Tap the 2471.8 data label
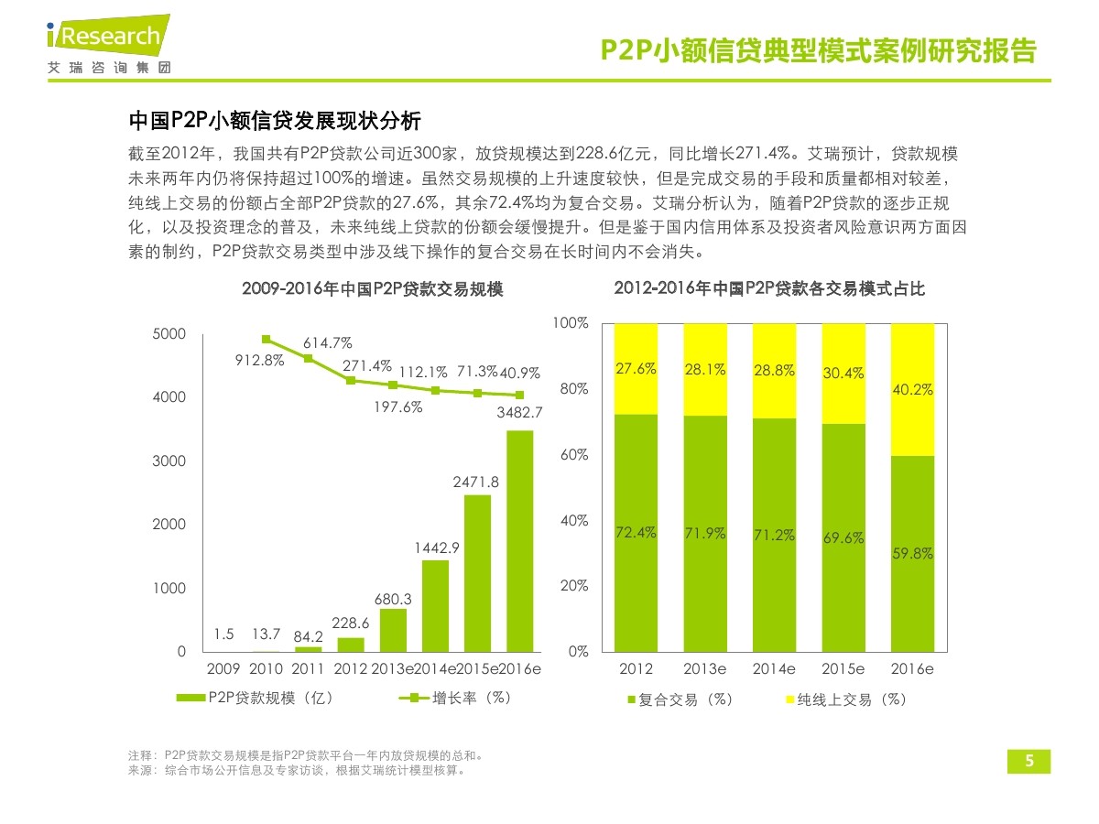point(476,482)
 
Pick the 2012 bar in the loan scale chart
point(351,645)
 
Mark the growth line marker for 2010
point(267,339)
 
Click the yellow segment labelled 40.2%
point(912,389)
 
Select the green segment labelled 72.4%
point(636,533)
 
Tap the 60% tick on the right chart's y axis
point(572,455)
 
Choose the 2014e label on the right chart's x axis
point(774,669)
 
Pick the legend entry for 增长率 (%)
point(455,698)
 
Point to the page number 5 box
point(1028,762)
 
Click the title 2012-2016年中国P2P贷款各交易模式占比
point(769,289)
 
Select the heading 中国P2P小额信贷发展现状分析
point(274,122)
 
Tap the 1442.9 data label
point(436,548)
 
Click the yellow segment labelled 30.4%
point(843,374)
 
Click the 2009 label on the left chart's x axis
point(224,669)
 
